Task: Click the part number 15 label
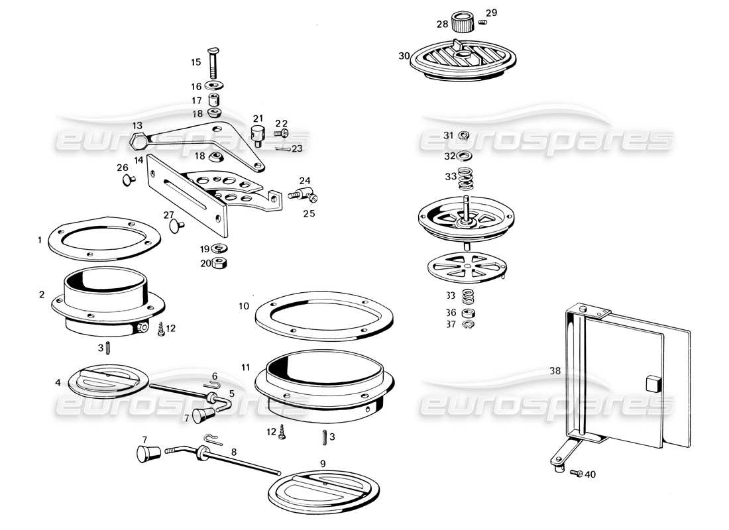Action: point(196,62)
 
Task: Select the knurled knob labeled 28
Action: point(463,22)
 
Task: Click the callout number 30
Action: point(404,56)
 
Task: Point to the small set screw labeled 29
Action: point(484,24)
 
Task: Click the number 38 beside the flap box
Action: point(555,371)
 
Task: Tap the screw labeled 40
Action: point(575,474)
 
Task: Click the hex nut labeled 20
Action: point(223,263)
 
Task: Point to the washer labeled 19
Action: point(221,249)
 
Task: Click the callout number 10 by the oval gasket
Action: point(244,306)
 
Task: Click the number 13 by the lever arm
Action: point(137,125)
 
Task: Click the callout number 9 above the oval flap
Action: point(323,463)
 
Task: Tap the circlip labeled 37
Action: point(469,324)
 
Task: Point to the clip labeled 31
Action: point(464,136)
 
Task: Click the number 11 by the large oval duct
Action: point(245,367)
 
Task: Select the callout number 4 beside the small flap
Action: point(58,382)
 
